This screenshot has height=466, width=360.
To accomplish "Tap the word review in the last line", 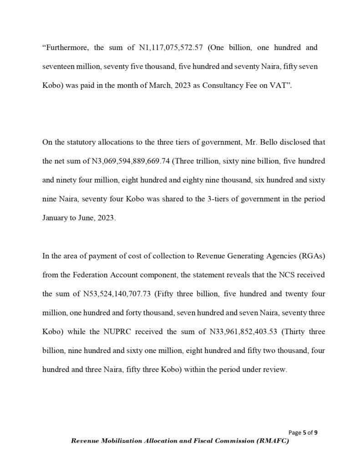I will [x=274, y=370].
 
